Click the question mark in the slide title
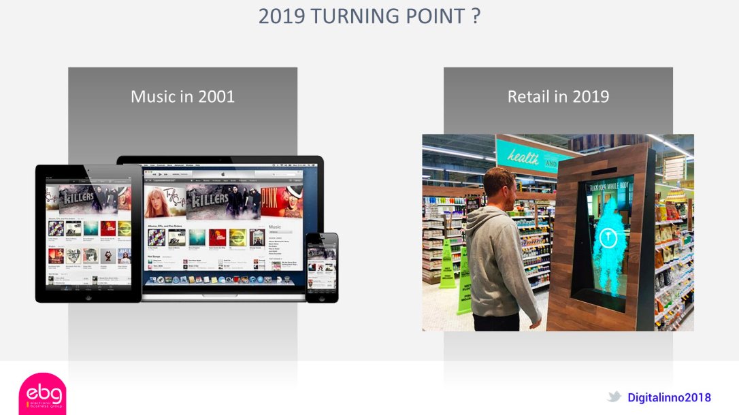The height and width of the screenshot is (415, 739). [475, 16]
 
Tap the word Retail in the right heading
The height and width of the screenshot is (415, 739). [528, 97]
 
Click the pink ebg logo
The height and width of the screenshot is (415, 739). [42, 395]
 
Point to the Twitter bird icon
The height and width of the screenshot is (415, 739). [614, 397]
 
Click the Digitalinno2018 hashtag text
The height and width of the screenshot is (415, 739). [669, 397]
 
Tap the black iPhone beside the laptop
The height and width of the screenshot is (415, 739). [321, 267]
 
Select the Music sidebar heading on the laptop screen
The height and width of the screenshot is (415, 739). [275, 227]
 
